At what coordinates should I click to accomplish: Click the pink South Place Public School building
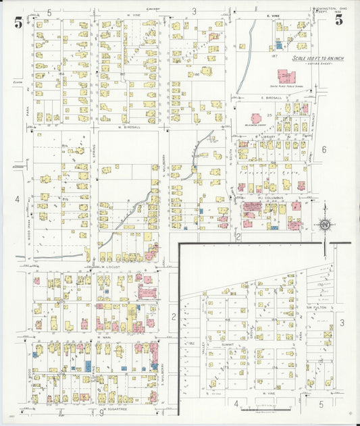click(x=286, y=77)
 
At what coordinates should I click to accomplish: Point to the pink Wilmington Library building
click(x=257, y=117)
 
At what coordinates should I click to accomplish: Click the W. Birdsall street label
click(x=128, y=126)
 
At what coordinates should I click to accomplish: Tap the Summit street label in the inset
click(x=227, y=344)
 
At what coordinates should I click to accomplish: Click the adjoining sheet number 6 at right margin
click(x=324, y=149)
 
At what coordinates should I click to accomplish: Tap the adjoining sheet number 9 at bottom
click(x=101, y=412)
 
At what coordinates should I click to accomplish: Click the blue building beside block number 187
click(x=278, y=47)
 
